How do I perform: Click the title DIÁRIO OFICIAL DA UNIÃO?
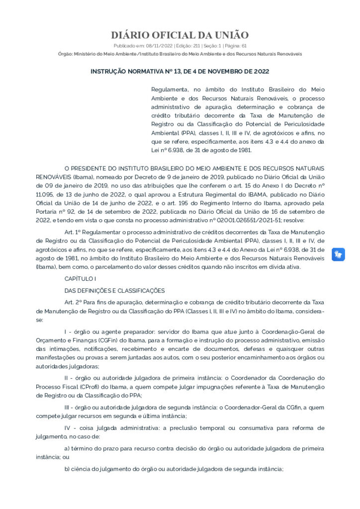click(180, 35)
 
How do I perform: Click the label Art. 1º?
click(73, 233)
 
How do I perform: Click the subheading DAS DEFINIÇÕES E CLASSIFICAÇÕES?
click(114, 290)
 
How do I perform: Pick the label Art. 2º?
click(73, 302)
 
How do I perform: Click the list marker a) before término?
click(67, 448)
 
